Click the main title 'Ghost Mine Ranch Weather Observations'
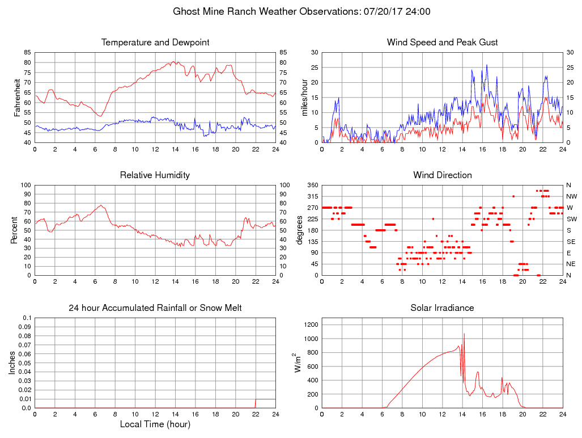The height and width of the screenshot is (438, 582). pyautogui.click(x=266, y=11)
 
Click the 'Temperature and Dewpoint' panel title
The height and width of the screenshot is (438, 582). pyautogui.click(x=155, y=43)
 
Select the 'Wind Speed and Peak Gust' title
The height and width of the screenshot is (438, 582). pyautogui.click(x=442, y=43)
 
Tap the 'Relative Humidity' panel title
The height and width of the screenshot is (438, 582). pyautogui.click(x=155, y=175)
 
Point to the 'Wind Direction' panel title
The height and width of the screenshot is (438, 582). pyautogui.click(x=442, y=175)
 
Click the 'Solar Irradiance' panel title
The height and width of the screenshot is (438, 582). pyautogui.click(x=442, y=308)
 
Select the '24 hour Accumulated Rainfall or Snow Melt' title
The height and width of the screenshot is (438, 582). pyautogui.click(x=155, y=308)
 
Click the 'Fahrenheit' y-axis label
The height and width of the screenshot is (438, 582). pyautogui.click(x=16, y=97)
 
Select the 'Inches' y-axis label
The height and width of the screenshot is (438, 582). pyautogui.click(x=13, y=363)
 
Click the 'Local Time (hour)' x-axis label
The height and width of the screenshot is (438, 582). pyautogui.click(x=155, y=424)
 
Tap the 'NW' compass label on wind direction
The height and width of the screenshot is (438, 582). pyautogui.click(x=571, y=196)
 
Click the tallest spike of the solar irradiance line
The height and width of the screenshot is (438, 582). pyautogui.click(x=464, y=334)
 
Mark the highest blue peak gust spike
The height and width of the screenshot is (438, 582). pyautogui.click(x=487, y=65)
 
